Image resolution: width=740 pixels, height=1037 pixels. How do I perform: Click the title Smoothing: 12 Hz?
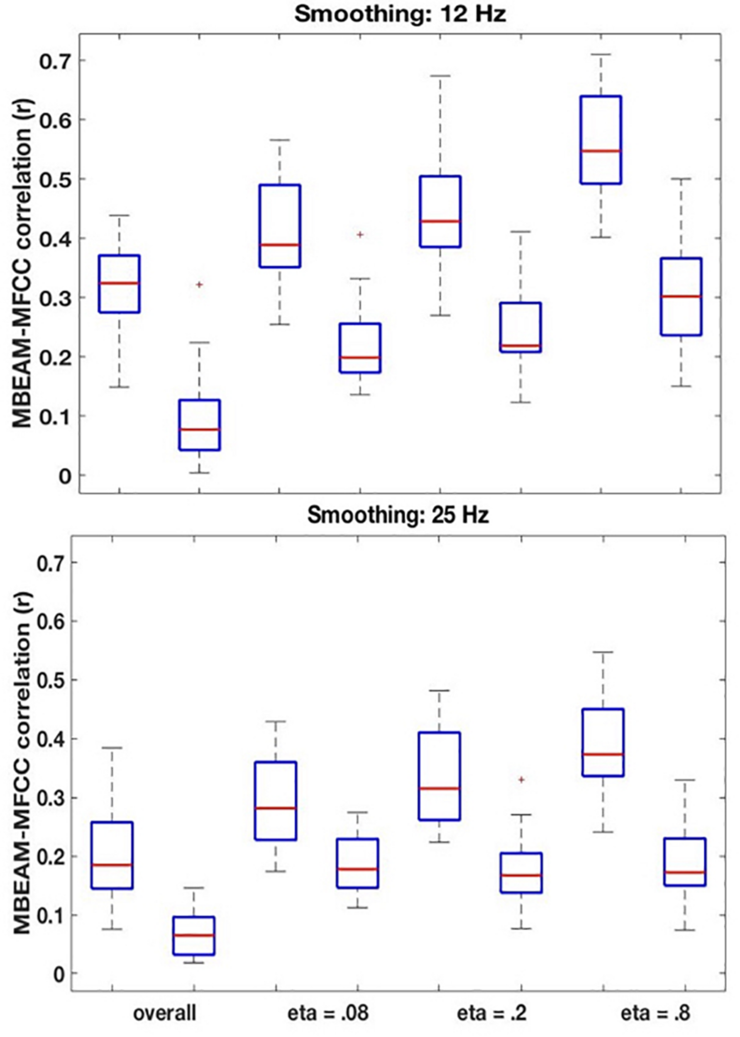click(x=400, y=15)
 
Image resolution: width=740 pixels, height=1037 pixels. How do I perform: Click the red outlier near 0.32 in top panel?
click(x=199, y=285)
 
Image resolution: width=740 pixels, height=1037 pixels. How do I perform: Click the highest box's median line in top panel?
click(x=601, y=151)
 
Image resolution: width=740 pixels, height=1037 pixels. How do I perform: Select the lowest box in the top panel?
click(x=200, y=425)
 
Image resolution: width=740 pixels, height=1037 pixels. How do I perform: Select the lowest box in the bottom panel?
click(x=194, y=935)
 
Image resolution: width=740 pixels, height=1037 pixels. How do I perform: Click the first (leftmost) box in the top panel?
click(x=120, y=284)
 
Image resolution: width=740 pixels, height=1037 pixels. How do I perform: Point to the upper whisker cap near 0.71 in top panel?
click(x=601, y=55)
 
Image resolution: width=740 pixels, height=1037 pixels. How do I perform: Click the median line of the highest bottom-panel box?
click(x=603, y=754)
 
